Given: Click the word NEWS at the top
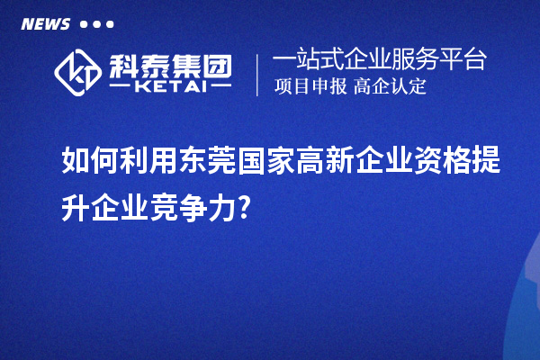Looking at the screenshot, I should [46, 24].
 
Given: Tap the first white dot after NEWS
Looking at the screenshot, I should [84, 25].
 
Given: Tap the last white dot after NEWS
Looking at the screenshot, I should [110, 25].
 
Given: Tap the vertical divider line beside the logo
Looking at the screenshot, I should [258, 74].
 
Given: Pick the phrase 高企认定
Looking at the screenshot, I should [390, 87].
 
